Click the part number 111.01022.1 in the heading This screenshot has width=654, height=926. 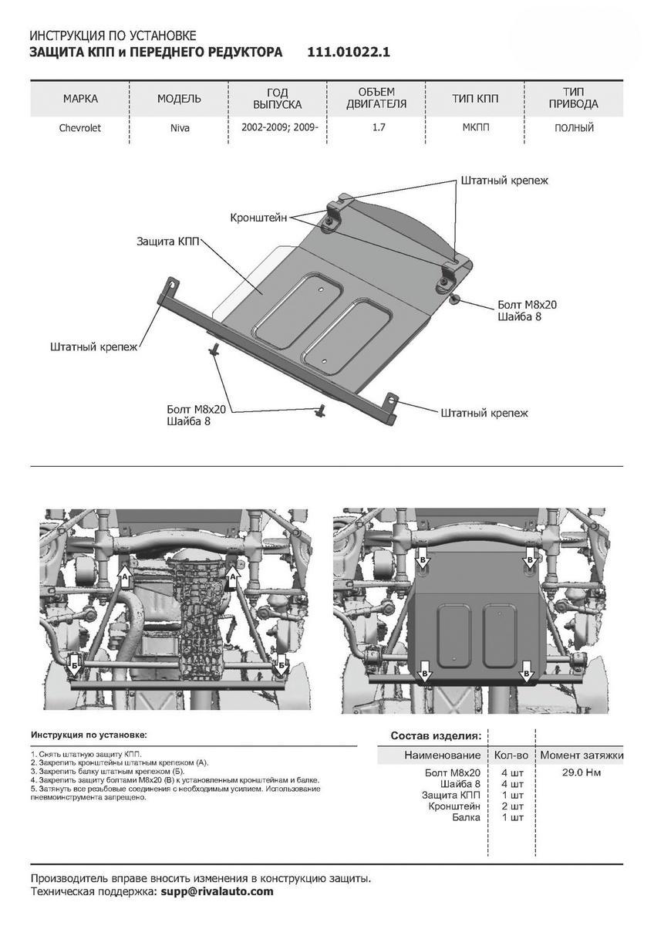click(349, 52)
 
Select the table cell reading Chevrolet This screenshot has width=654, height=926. click(80, 128)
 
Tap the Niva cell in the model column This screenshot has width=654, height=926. click(180, 128)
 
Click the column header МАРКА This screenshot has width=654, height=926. click(80, 99)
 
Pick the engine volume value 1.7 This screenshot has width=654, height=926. click(379, 127)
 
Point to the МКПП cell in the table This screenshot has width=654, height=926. click(475, 127)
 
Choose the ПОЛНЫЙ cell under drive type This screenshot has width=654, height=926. click(574, 128)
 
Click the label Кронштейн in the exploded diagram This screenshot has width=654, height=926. click(258, 218)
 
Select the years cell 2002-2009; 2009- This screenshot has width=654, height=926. click(278, 127)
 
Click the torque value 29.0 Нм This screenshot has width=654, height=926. click(582, 772)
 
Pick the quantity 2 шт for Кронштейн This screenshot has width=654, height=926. click(512, 806)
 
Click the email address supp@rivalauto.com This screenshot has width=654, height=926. click(217, 891)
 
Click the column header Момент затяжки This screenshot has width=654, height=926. click(581, 755)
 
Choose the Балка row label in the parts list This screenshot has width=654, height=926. click(465, 816)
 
